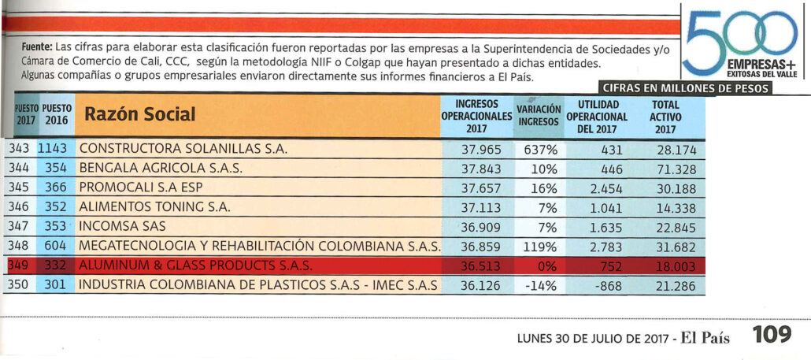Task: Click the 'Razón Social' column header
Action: pos(139,115)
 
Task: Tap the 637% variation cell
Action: pos(539,149)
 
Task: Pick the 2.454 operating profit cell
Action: pos(605,188)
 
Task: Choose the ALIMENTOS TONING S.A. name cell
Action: pos(154,208)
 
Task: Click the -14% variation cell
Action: pos(539,286)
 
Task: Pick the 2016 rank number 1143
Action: pos(54,149)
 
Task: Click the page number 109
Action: pos(772,336)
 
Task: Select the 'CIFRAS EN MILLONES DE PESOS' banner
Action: pos(685,88)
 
